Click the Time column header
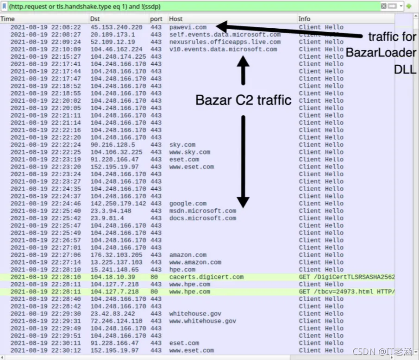coord(7,19)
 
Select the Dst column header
coord(95,19)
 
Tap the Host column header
coord(175,19)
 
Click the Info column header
coord(304,19)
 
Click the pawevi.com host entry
coord(188,27)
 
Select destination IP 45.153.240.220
coord(116,27)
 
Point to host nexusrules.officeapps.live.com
coord(225,42)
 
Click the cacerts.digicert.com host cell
coord(206,277)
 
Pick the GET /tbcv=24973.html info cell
coord(347,292)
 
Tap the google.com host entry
coord(188,204)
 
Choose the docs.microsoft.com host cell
coord(202,218)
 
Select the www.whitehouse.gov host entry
coord(202,321)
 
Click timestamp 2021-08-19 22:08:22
coord(46,27)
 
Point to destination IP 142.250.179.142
coord(118,204)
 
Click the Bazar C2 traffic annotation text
coord(243,100)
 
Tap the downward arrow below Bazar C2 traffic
coord(243,161)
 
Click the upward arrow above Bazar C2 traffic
coord(243,70)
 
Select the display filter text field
coord(194,6)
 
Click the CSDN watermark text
coord(382,352)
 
